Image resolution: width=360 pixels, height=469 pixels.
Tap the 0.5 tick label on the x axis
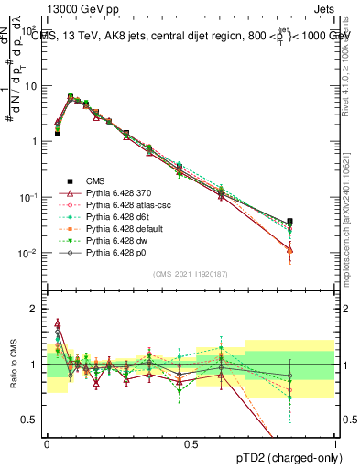[x=191, y=443]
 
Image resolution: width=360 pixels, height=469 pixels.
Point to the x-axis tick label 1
[x=336, y=443]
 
